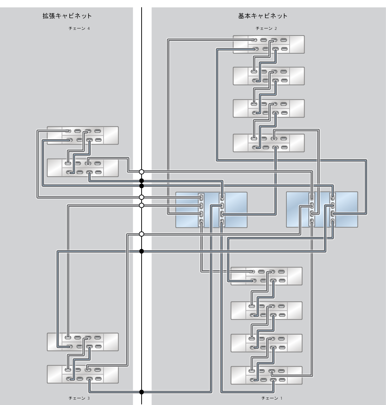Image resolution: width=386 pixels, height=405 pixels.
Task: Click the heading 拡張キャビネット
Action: point(67,16)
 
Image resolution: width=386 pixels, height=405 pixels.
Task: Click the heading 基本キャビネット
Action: point(263,16)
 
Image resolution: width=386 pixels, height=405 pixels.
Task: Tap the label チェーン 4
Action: point(79,28)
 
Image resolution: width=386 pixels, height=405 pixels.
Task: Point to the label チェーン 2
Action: point(266,28)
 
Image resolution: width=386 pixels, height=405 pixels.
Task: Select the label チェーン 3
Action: point(79,398)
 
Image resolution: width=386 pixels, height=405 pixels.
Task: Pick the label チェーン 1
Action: point(272,398)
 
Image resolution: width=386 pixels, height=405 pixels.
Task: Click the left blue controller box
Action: point(211,210)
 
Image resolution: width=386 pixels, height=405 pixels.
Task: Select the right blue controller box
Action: point(322,210)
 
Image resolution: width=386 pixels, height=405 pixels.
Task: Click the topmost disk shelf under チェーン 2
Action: point(269,44)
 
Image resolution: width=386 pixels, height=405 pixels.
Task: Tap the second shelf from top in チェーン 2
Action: point(269,76)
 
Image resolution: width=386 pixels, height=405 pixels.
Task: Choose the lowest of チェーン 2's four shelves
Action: point(269,143)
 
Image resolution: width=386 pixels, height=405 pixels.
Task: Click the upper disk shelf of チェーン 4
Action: point(83,135)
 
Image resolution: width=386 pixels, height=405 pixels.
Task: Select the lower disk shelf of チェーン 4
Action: point(83,168)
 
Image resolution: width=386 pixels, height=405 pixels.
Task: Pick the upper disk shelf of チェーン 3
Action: point(83,342)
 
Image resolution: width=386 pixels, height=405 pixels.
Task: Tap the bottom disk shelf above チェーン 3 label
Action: point(83,374)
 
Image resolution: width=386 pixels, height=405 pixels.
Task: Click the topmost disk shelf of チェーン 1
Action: point(266,276)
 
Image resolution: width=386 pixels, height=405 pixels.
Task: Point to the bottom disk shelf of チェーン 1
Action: point(266,375)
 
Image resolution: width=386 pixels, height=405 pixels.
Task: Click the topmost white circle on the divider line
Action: point(142,172)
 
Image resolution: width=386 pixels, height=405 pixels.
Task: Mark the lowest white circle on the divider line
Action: point(142,234)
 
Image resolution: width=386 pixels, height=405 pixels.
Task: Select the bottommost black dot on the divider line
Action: point(142,392)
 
